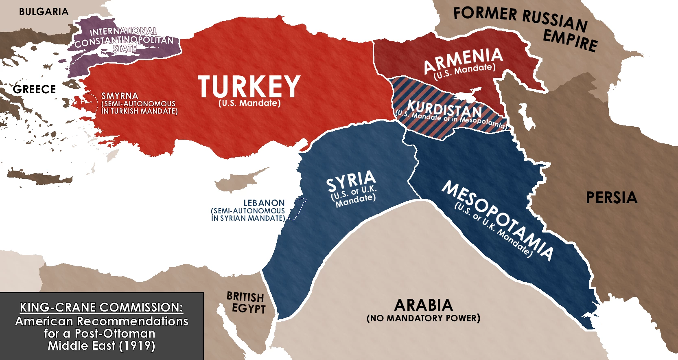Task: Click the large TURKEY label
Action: point(249,86)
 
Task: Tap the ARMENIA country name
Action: point(463,60)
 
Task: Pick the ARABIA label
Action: point(423,305)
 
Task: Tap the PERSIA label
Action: point(611,198)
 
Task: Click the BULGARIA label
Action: point(44,12)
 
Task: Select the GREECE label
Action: point(34,89)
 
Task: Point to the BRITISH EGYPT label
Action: point(246,303)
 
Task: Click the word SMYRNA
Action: point(120,96)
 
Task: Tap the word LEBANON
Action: point(264,203)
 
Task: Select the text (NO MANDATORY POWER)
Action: point(423,318)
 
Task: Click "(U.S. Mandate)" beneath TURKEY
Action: point(249,103)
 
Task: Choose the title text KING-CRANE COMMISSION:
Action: point(101,307)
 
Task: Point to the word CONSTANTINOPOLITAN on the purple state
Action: point(124,41)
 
